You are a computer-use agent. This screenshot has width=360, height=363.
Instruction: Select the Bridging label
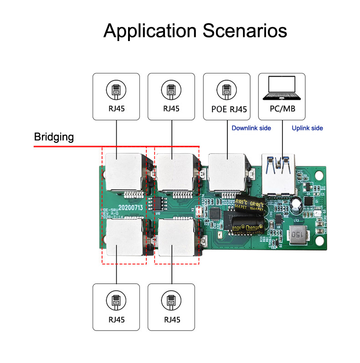(x=54, y=137)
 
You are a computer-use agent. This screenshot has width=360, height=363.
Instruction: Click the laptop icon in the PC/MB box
(x=282, y=88)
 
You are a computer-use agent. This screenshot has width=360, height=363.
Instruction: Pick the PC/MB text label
(x=282, y=109)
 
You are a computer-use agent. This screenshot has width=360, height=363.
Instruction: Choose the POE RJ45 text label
(x=226, y=109)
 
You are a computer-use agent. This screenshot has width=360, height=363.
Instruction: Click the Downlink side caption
(x=251, y=128)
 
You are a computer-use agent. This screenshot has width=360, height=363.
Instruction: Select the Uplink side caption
(x=307, y=128)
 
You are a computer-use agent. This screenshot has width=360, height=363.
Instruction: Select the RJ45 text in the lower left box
(x=116, y=320)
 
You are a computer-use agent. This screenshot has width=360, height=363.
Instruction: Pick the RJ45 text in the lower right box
(x=171, y=320)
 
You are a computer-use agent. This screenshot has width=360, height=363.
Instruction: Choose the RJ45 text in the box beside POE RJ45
(x=171, y=109)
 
